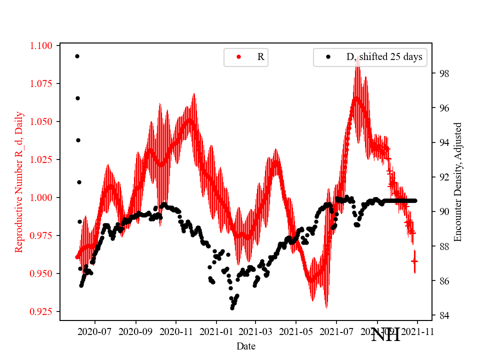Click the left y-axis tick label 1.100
[40, 46]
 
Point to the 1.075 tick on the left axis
[40, 83]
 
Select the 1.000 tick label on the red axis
[40, 197]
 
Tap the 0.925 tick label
[40, 311]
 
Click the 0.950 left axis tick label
[40, 273]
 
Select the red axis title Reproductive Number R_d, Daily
[19, 181]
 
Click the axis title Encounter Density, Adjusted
[457, 181]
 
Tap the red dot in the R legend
[238, 57]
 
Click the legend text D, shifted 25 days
[384, 57]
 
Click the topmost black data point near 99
[77, 56]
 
